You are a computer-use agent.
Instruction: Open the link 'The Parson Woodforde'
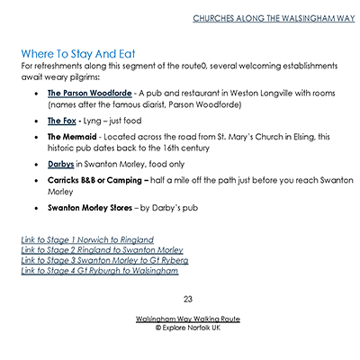(89, 92)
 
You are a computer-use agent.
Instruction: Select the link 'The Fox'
(61, 119)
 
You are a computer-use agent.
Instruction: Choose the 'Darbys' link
(61, 165)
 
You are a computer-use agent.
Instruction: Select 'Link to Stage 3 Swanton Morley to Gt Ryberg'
(103, 259)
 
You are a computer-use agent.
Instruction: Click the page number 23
(188, 298)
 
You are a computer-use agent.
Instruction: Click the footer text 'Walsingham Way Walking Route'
(187, 319)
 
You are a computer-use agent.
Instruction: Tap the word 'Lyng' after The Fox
(92, 119)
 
